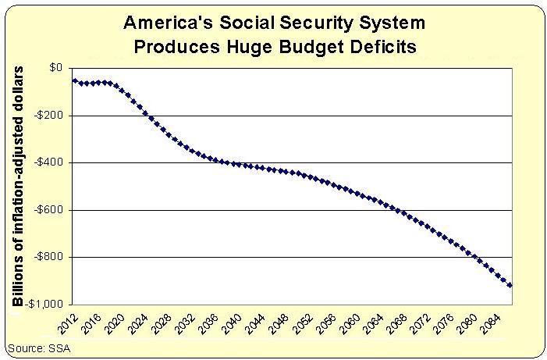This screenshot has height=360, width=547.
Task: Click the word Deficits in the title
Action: [380, 46]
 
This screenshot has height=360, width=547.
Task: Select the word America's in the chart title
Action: [169, 23]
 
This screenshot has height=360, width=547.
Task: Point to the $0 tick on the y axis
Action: [55, 68]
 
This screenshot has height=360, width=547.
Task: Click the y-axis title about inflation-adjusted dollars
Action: [20, 186]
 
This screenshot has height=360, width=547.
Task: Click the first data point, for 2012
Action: [74, 80]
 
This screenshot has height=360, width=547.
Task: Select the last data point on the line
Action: [510, 285]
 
